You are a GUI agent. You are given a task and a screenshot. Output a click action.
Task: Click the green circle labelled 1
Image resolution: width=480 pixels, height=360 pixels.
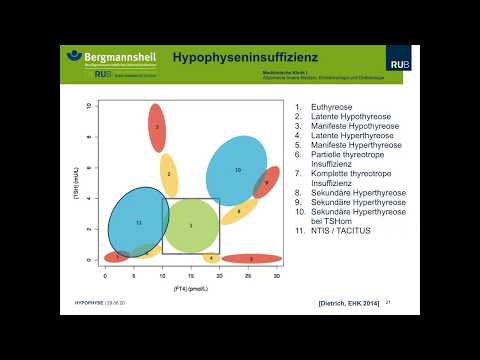click(191, 225)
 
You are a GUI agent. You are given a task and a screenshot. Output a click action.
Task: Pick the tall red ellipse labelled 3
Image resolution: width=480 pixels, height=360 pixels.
click(157, 127)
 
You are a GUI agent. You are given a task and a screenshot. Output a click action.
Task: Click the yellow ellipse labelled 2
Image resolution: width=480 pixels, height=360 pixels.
click(169, 174)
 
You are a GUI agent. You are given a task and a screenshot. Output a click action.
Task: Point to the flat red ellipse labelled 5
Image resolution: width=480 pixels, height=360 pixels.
click(251, 258)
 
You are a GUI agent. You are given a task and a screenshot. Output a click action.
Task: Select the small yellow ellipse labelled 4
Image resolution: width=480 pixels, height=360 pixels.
click(210, 258)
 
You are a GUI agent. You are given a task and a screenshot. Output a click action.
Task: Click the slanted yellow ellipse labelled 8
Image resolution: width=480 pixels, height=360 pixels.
click(238, 212)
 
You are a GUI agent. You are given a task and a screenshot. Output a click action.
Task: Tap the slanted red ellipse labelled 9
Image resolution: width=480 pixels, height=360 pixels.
click(266, 183)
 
